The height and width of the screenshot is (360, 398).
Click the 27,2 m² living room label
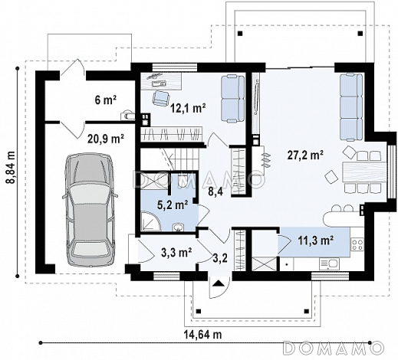coord(305,155)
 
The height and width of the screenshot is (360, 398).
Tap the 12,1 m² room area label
coord(189,108)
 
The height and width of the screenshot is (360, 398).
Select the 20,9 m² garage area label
coord(106,139)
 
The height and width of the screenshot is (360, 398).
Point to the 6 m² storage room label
coord(106,100)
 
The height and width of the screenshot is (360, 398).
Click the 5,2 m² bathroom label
coord(173,205)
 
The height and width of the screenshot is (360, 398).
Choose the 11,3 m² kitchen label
coord(316,241)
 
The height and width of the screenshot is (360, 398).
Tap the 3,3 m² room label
coord(176,253)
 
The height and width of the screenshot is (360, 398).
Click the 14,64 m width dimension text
coord(203,334)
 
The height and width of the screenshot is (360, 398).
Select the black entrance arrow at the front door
coord(218,283)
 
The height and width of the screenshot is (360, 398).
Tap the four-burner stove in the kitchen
coord(357,244)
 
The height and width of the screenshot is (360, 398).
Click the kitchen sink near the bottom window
coord(329,263)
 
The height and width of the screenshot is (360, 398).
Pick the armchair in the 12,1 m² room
coord(161,98)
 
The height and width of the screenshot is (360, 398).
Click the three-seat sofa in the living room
coord(351,106)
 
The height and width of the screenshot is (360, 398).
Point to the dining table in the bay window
coord(363,172)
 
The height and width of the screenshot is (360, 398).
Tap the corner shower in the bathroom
coord(151,221)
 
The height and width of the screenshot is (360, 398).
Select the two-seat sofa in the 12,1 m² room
coord(232,99)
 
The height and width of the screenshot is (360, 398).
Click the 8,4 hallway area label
coord(215,191)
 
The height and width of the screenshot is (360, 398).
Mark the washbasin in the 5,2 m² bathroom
coord(178,227)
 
